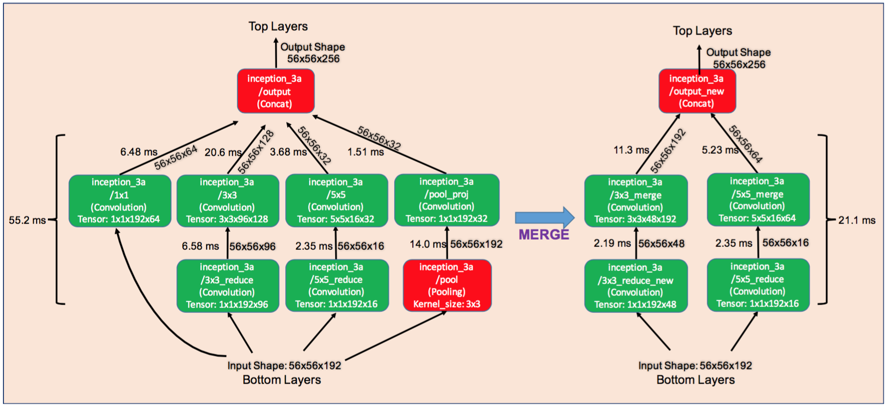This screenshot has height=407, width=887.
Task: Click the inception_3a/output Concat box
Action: point(276,91)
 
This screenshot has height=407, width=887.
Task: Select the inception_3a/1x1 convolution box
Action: point(120,201)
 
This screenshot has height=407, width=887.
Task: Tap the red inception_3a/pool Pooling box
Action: point(447,285)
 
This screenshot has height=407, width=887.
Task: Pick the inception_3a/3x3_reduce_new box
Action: point(635,286)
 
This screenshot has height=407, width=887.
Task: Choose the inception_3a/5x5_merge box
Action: point(758,200)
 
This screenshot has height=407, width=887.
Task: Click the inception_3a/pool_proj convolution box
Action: point(446,200)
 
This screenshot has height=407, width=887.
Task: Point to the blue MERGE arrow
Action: point(545,218)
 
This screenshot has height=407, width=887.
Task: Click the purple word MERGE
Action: point(544,235)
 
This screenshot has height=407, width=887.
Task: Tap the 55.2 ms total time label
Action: point(27,220)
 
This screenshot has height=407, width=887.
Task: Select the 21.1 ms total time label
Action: point(857,220)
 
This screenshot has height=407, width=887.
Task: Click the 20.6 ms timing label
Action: point(223,152)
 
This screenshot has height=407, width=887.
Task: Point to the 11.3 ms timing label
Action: point(632,150)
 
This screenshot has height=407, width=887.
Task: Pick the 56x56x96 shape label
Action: point(253,246)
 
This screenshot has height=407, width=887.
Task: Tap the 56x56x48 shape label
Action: point(661,244)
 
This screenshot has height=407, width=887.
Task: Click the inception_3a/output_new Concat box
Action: point(697,91)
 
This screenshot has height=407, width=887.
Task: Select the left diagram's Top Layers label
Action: point(278,26)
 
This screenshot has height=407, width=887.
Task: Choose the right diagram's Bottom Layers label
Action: point(696,380)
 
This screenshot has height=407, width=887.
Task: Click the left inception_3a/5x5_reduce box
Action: point(337,285)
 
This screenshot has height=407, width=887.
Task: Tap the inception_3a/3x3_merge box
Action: point(636,201)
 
